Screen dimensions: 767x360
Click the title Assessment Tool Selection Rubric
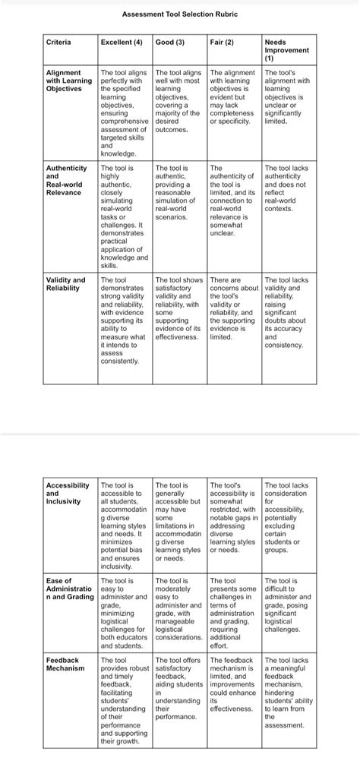[179, 14]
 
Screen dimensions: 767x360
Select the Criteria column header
[58, 42]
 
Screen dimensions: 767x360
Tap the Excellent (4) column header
[122, 42]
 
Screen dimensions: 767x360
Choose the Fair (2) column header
[222, 42]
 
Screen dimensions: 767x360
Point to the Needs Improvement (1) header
[287, 50]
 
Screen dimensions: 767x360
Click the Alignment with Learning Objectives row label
[69, 80]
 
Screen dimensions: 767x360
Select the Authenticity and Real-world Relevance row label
[67, 180]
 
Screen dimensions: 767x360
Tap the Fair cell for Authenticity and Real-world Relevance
[233, 200]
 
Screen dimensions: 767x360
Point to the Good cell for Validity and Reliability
[179, 308]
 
